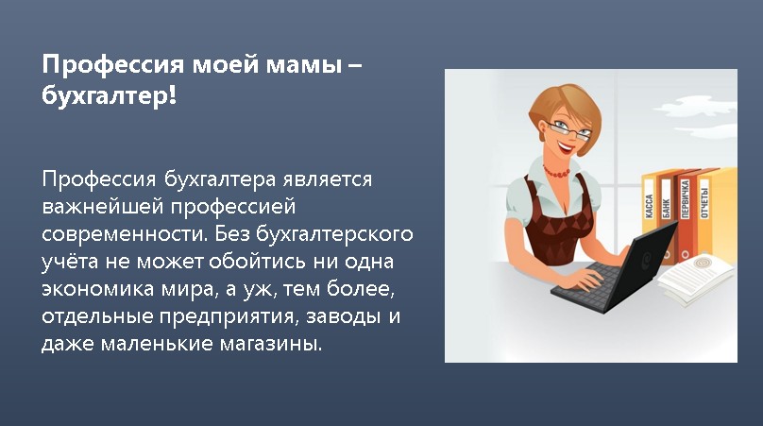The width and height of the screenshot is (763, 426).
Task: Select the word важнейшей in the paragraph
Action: [102, 207]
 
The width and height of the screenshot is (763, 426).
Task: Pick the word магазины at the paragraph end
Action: [271, 344]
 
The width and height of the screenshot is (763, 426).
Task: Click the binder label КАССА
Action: [649, 206]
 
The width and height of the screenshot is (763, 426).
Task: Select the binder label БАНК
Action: [666, 208]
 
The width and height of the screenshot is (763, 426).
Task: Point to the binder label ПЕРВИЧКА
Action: [686, 198]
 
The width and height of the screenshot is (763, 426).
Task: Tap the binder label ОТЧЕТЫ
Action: [704, 202]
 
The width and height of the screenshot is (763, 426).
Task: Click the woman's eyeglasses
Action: [568, 129]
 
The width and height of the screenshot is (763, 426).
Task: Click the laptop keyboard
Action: [586, 282]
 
